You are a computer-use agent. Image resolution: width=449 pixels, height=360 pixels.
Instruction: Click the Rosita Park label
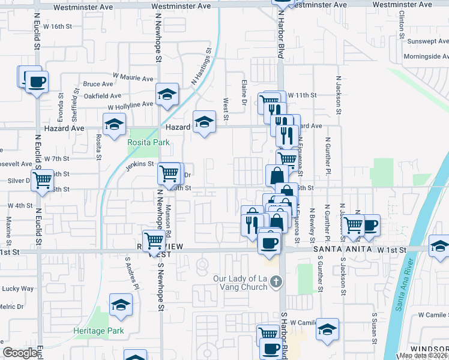point(148,142)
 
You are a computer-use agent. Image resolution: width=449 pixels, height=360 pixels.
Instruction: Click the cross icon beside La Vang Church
point(276,281)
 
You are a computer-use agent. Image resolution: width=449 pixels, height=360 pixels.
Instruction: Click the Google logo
point(20,353)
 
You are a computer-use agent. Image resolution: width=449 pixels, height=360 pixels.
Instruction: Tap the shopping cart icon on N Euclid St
point(41,179)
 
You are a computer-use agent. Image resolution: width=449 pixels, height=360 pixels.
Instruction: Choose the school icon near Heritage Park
point(121,305)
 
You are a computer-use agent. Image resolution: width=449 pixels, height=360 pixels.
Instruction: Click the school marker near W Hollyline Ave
point(166,94)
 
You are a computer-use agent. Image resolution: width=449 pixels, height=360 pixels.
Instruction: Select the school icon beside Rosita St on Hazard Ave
point(113,125)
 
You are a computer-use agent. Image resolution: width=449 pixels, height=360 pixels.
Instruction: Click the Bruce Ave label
point(98,84)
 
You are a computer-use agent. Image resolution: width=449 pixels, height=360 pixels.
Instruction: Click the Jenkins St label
point(140,165)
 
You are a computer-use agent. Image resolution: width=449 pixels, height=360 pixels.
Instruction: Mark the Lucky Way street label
point(19,289)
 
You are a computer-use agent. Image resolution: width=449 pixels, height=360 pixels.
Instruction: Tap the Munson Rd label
point(169,219)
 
